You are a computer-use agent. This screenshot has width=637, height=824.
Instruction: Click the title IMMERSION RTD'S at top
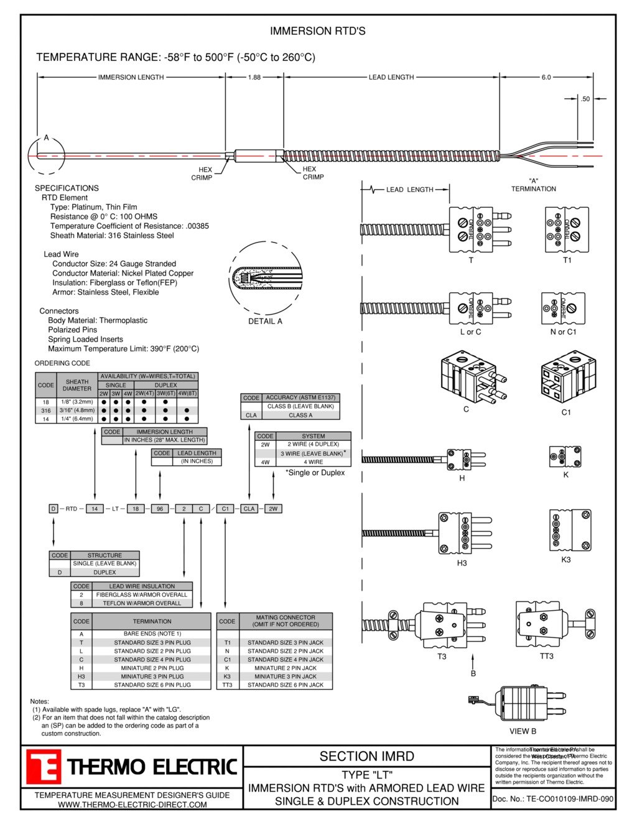pos(317,31)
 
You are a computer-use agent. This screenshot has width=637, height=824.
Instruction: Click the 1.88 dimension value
pos(254,78)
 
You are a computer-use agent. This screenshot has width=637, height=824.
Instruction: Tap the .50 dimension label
pos(585,99)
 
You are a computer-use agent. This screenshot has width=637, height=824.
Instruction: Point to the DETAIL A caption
pos(265,322)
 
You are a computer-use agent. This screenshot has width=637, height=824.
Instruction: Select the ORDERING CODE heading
pos(62,363)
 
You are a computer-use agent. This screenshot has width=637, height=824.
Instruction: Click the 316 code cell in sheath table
pos(46,410)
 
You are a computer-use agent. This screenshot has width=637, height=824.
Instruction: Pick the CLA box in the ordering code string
pos(249,509)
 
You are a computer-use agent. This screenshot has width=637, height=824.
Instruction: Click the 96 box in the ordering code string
pos(160,509)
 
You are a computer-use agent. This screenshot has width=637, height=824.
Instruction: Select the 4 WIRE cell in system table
pos(313,462)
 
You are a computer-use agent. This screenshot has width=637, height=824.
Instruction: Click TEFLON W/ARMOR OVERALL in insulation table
pos(142,603)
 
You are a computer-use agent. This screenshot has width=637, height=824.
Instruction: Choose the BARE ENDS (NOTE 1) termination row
pos(152,634)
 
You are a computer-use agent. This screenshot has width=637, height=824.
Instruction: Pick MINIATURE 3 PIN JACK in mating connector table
pos(285,677)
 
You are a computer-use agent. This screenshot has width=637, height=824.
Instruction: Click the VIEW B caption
pos(523,731)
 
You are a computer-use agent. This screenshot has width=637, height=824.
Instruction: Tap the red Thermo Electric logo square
pos(43,767)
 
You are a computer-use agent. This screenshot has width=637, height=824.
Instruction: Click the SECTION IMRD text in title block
pos(366,757)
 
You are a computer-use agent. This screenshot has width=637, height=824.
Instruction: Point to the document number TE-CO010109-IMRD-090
pos(553,799)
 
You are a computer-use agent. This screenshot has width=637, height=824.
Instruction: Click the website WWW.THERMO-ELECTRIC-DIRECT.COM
pos(132,805)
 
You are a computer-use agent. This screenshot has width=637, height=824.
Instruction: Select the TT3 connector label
pos(546,656)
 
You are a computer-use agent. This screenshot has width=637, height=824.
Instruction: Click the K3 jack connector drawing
pos(569,530)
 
